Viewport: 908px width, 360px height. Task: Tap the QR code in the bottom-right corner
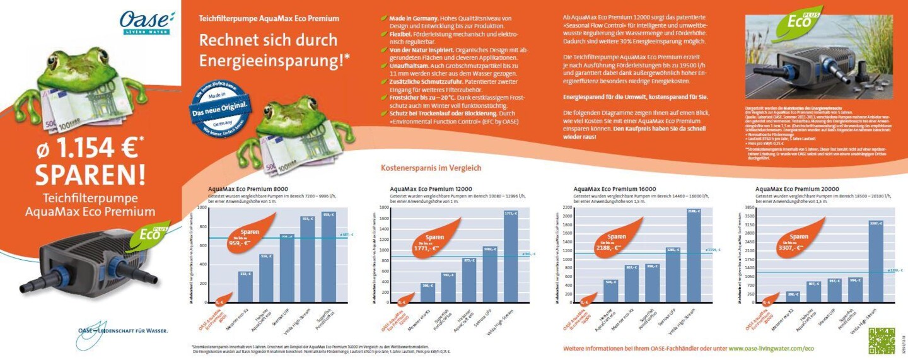tap(881, 341)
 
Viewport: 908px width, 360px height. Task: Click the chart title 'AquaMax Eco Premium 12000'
tap(431, 189)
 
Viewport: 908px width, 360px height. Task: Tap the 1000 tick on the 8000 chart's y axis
tap(202, 207)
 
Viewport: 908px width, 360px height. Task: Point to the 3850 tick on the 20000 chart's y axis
tap(749, 207)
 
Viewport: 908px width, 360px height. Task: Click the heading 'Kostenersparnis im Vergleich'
tap(431, 168)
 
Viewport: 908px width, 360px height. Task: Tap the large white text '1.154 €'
tap(89, 148)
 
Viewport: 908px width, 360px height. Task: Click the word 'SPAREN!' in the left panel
tap(90, 172)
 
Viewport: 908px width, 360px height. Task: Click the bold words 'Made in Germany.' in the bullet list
tap(410, 19)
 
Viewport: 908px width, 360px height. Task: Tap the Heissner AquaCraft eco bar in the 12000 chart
tap(469, 281)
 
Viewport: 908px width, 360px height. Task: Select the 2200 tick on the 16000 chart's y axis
tap(567, 207)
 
